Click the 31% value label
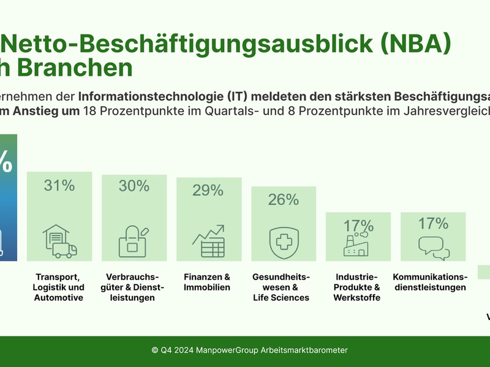59,185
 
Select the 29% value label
208,190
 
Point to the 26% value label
284,199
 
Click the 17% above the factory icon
358,225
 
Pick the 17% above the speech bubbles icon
433,224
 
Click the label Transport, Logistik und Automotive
59,287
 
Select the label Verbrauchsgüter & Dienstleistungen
134,287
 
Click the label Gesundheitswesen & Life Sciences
282,287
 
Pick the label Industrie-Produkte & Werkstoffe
357,287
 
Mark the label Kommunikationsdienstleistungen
430,281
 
